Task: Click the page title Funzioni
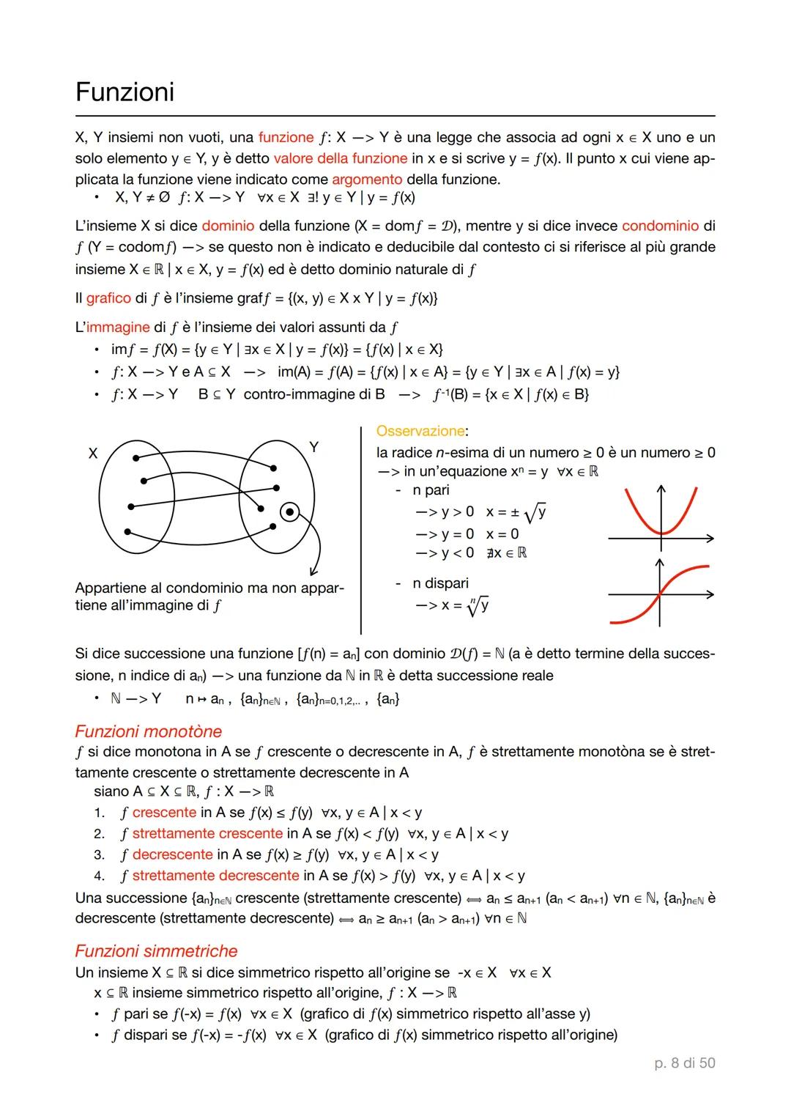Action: point(125,92)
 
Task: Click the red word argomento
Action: point(367,180)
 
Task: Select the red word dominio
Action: point(228,226)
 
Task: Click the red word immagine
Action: point(117,327)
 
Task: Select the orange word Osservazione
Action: point(420,431)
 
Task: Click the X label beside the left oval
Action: point(93,454)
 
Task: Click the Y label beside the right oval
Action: point(313,446)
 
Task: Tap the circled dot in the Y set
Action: point(289,512)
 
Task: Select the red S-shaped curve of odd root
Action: point(659,594)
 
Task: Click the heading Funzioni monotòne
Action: point(148,731)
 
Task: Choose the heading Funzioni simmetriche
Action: point(156,951)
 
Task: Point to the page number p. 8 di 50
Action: point(684,1063)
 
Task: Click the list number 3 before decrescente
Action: point(99,855)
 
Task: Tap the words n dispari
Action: point(440,583)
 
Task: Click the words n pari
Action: point(431,490)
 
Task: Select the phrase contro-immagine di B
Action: point(314,394)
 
